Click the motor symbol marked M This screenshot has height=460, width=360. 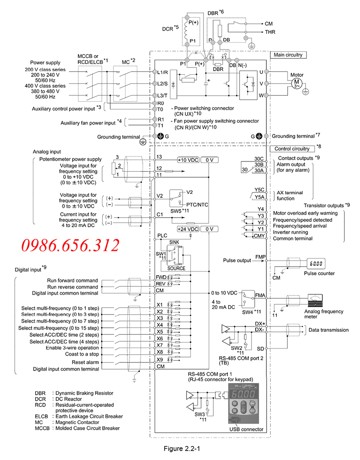point(297,83)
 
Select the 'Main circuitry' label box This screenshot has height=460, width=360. point(288,55)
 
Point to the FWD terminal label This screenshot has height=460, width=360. point(161,277)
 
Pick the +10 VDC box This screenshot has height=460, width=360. point(187,160)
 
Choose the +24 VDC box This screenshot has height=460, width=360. point(187,228)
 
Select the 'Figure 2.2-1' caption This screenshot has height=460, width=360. point(180,448)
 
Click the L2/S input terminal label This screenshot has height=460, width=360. point(163,83)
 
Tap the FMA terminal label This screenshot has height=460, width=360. point(260,295)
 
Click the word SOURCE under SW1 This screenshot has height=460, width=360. point(176,268)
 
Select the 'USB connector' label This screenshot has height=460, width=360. point(245,429)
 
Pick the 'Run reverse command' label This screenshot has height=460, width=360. point(72,287)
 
